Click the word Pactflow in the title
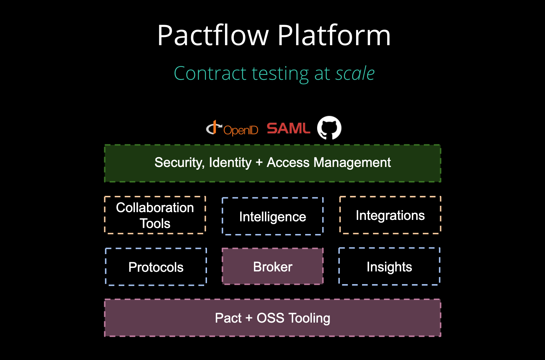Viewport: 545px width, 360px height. coord(213,36)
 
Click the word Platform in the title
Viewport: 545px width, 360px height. coord(334,36)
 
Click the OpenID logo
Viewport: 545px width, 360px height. coord(232,129)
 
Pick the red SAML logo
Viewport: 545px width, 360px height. coord(288,128)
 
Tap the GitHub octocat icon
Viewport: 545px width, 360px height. coord(329,128)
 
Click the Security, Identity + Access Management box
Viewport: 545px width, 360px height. coord(272,163)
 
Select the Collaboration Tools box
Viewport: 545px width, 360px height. coord(155,215)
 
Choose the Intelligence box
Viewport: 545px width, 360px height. coord(272,216)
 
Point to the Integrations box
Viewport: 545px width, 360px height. coord(390,215)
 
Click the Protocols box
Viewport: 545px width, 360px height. coord(156,267)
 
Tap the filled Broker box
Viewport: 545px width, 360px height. coord(272,266)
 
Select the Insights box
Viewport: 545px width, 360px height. coord(389,266)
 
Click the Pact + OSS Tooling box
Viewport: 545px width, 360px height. coord(272,318)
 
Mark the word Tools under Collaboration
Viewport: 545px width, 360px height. coord(155,223)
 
